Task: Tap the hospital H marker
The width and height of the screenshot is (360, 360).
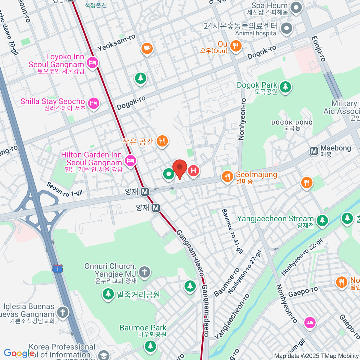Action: [193, 171]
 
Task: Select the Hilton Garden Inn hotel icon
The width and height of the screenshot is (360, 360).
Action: [130, 160]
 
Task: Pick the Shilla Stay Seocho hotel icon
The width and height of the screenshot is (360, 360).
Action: [94, 103]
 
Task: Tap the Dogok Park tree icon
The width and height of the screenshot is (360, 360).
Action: [285, 87]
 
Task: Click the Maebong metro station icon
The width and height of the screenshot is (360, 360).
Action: [314, 151]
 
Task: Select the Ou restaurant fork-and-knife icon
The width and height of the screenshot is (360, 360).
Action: [236, 46]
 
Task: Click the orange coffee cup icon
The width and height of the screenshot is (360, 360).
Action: [147, 48]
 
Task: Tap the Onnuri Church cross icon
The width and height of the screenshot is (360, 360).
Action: [145, 272]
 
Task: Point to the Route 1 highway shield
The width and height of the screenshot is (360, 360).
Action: [58, 268]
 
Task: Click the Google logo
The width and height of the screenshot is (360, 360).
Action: [19, 353]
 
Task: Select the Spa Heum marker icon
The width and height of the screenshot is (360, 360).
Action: [296, 8]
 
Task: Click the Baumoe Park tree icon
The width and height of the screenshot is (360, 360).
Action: [150, 346]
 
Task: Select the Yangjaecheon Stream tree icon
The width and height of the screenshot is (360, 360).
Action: [322, 220]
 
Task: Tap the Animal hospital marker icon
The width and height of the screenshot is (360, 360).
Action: [286, 29]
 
